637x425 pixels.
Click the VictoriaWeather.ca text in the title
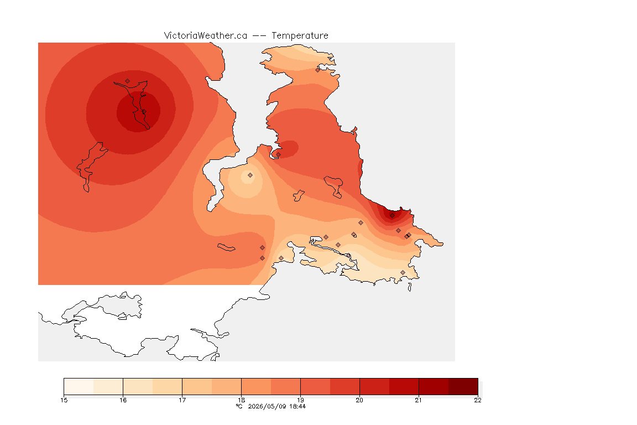pyautogui.click(x=206, y=36)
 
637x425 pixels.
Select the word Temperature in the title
pyautogui.click(x=300, y=36)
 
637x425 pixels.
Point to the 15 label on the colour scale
pyautogui.click(x=64, y=400)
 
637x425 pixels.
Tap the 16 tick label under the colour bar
pyautogui.click(x=123, y=400)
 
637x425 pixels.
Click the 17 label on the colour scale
pyautogui.click(x=182, y=400)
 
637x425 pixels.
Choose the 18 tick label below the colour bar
pyautogui.click(x=241, y=400)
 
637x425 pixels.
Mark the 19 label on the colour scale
pyautogui.click(x=300, y=400)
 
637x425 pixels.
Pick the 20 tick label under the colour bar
pyautogui.click(x=359, y=400)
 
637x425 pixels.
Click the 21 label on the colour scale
pyautogui.click(x=419, y=400)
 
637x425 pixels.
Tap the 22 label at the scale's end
pyautogui.click(x=478, y=400)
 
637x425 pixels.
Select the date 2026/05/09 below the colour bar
pyautogui.click(x=267, y=406)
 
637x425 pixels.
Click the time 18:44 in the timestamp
pyautogui.click(x=297, y=406)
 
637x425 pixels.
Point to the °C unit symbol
pyautogui.click(x=239, y=406)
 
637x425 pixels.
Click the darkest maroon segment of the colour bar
pyautogui.click(x=463, y=386)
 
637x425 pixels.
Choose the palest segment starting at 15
pyautogui.click(x=79, y=386)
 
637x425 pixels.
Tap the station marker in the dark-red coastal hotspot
pyautogui.click(x=392, y=216)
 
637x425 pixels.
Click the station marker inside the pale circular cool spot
pyautogui.click(x=250, y=175)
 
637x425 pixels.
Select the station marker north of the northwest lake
pyautogui.click(x=128, y=81)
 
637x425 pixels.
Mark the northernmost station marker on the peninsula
pyautogui.click(x=318, y=70)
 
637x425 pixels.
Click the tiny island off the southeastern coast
pyautogui.click(x=410, y=287)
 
